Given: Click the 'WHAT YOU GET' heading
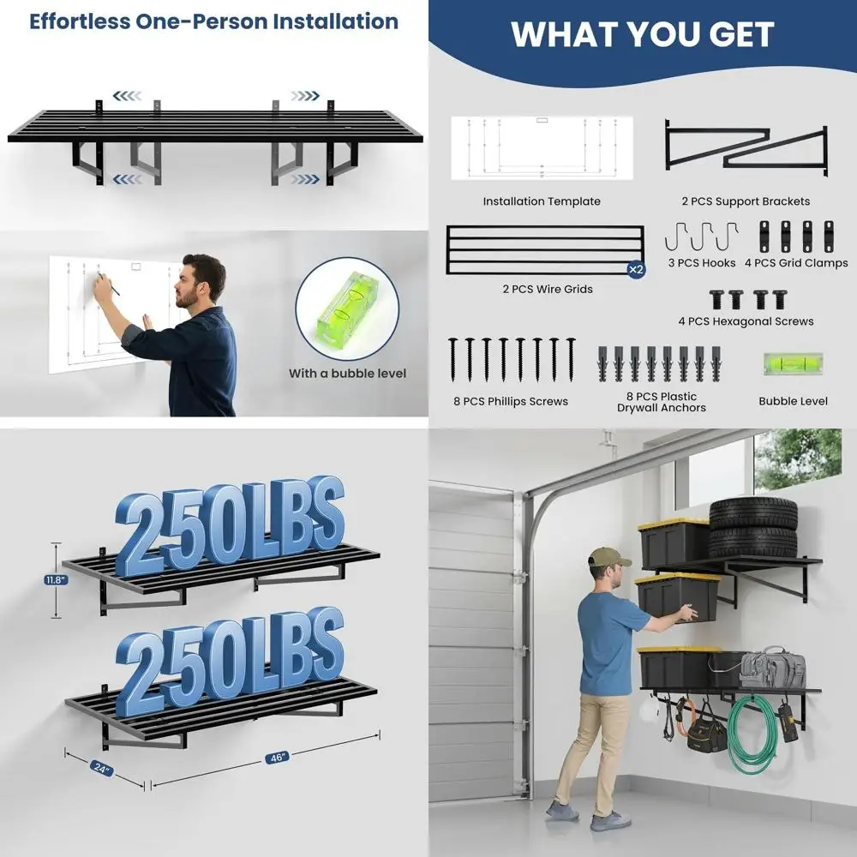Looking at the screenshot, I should click(643, 33).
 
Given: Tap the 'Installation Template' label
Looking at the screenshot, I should click(541, 201).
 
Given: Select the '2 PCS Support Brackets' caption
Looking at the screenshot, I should click(746, 201).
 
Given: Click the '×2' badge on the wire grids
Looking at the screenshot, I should click(635, 269).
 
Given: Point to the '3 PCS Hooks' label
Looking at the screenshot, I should click(701, 263).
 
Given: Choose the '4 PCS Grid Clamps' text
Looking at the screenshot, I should click(796, 263).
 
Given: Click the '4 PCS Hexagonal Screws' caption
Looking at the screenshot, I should click(746, 321).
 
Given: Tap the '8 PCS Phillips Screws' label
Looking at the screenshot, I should click(511, 401).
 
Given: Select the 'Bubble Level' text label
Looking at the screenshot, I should click(793, 401).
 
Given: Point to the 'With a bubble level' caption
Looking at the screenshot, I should click(347, 374).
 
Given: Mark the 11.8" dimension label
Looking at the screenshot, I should click(57, 580).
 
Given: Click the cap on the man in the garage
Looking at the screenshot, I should click(608, 558).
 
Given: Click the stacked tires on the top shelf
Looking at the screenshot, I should click(752, 527).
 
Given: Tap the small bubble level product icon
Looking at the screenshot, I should click(793, 364).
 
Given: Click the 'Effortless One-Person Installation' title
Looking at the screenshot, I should click(213, 21).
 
